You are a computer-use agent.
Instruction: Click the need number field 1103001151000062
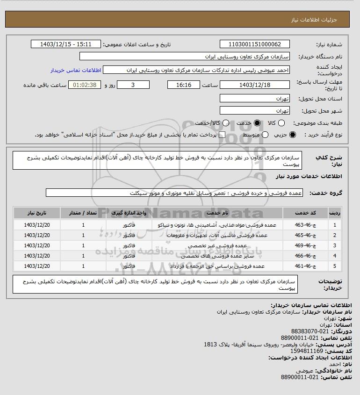pyautogui.click(x=255, y=44)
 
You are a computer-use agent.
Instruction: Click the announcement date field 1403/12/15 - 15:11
pyautogui.click(x=65, y=44)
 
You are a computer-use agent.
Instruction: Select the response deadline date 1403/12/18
pyautogui.click(x=255, y=85)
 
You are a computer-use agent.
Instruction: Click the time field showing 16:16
pyautogui.click(x=183, y=85)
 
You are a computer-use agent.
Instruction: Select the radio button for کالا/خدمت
pyautogui.click(x=226, y=123)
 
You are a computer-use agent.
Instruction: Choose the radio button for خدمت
pyautogui.click(x=254, y=123)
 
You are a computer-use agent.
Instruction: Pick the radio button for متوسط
pyautogui.click(x=265, y=135)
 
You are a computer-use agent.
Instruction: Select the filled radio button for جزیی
pyautogui.click(x=293, y=135)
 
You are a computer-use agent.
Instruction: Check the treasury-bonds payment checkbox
pyautogui.click(x=222, y=135)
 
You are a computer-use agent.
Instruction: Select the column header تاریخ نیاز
pyautogui.click(x=36, y=213)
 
